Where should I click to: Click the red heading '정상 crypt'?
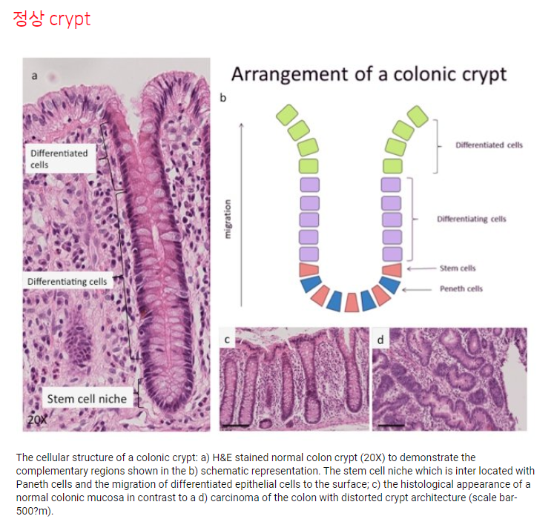pos(51,19)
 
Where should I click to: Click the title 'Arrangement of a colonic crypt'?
pos(369,74)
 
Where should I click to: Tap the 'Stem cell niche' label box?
pos(87,399)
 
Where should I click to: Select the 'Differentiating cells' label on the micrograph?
pos(67,282)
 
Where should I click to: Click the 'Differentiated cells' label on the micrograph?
pos(59,159)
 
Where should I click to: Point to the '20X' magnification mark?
pos(36,420)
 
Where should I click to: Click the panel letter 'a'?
pos(34,76)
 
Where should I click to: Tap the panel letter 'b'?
pos(223,98)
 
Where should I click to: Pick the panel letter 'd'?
pos(381,340)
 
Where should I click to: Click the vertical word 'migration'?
pos(228,219)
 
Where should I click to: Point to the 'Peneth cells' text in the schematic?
pos(461,288)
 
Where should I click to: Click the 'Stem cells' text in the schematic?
pos(458,268)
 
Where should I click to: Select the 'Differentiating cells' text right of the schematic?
pos(472,219)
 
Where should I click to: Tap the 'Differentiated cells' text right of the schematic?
pos(489,145)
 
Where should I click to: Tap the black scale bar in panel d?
pos(391,426)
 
